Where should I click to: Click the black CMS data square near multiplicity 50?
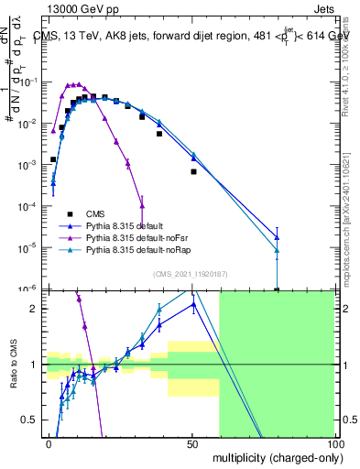[193, 171]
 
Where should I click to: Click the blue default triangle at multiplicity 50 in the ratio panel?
[193, 305]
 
